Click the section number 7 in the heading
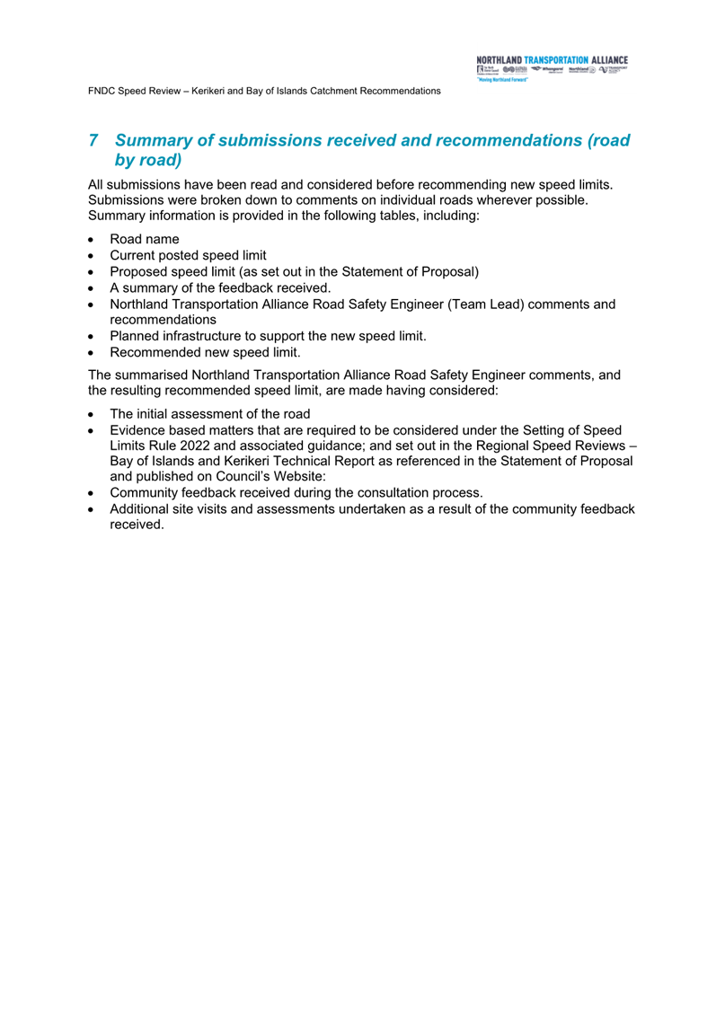point(93,141)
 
